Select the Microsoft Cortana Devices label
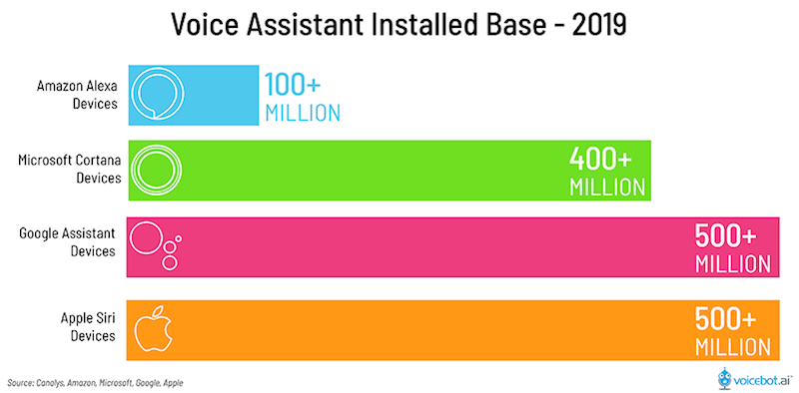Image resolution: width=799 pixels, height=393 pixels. (70, 170)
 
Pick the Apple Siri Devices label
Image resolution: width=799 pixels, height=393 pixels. (85, 327)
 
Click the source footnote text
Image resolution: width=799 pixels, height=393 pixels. (96, 381)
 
